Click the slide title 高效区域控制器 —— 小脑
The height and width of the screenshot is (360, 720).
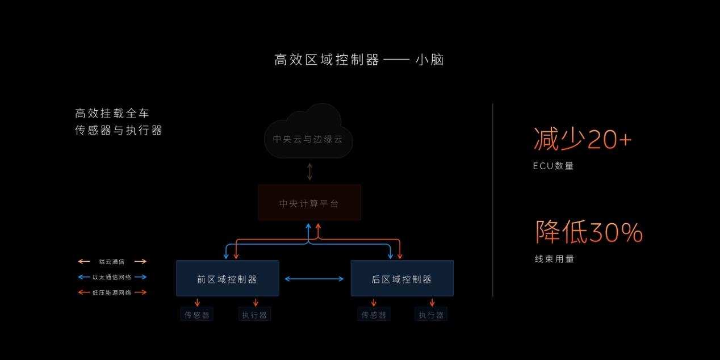(359, 60)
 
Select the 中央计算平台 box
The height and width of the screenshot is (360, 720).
(309, 203)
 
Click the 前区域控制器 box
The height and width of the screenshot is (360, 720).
(227, 279)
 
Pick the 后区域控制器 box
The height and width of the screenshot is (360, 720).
(402, 279)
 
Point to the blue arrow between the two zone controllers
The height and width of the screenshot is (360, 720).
(314, 279)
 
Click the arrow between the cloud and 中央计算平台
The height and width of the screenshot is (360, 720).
(309, 171)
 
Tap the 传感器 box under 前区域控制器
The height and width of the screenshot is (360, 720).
(197, 315)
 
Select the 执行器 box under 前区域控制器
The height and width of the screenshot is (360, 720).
(254, 315)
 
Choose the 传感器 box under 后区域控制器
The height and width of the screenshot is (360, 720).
(374, 315)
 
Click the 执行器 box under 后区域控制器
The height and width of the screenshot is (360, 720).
(431, 315)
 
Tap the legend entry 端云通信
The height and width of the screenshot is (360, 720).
(112, 262)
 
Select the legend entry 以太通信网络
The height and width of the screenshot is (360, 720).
(112, 277)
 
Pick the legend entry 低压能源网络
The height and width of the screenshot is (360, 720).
(112, 292)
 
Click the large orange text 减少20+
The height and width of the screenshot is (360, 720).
(583, 140)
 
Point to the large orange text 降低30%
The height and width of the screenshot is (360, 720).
(589, 232)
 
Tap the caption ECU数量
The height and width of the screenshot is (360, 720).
(554, 166)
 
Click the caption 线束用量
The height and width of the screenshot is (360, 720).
(554, 259)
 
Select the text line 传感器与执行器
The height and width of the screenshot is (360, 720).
(119, 131)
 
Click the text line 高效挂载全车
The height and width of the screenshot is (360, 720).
(112, 113)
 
